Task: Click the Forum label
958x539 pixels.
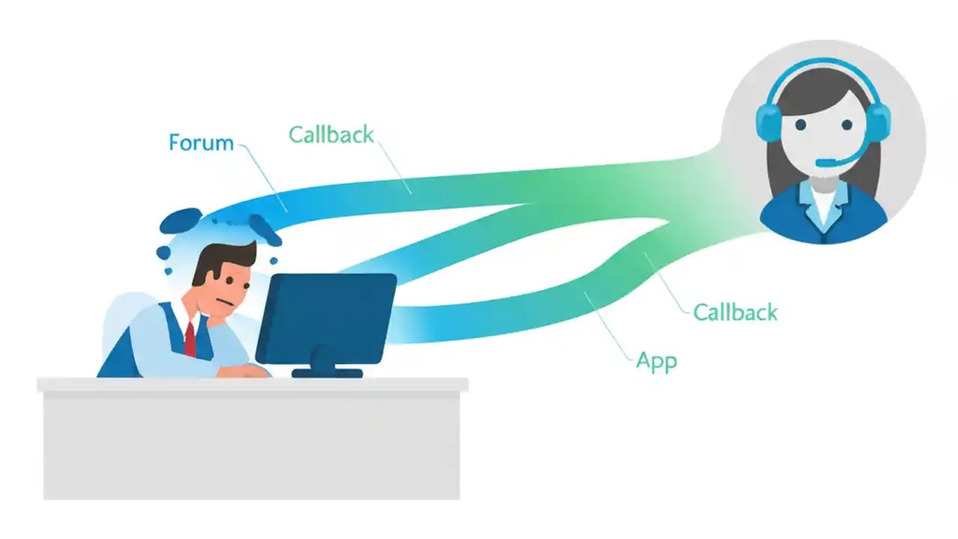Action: [x=201, y=142]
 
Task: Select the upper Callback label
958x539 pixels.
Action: [x=331, y=135]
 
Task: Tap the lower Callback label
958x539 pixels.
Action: [x=735, y=311]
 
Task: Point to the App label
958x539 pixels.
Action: [x=656, y=361]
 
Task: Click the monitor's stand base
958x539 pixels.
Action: [x=327, y=372]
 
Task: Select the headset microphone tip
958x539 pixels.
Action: [x=820, y=162]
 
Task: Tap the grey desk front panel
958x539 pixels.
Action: [x=251, y=445]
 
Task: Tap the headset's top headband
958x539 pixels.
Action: [x=823, y=66]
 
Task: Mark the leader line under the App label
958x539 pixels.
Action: [x=610, y=322]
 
